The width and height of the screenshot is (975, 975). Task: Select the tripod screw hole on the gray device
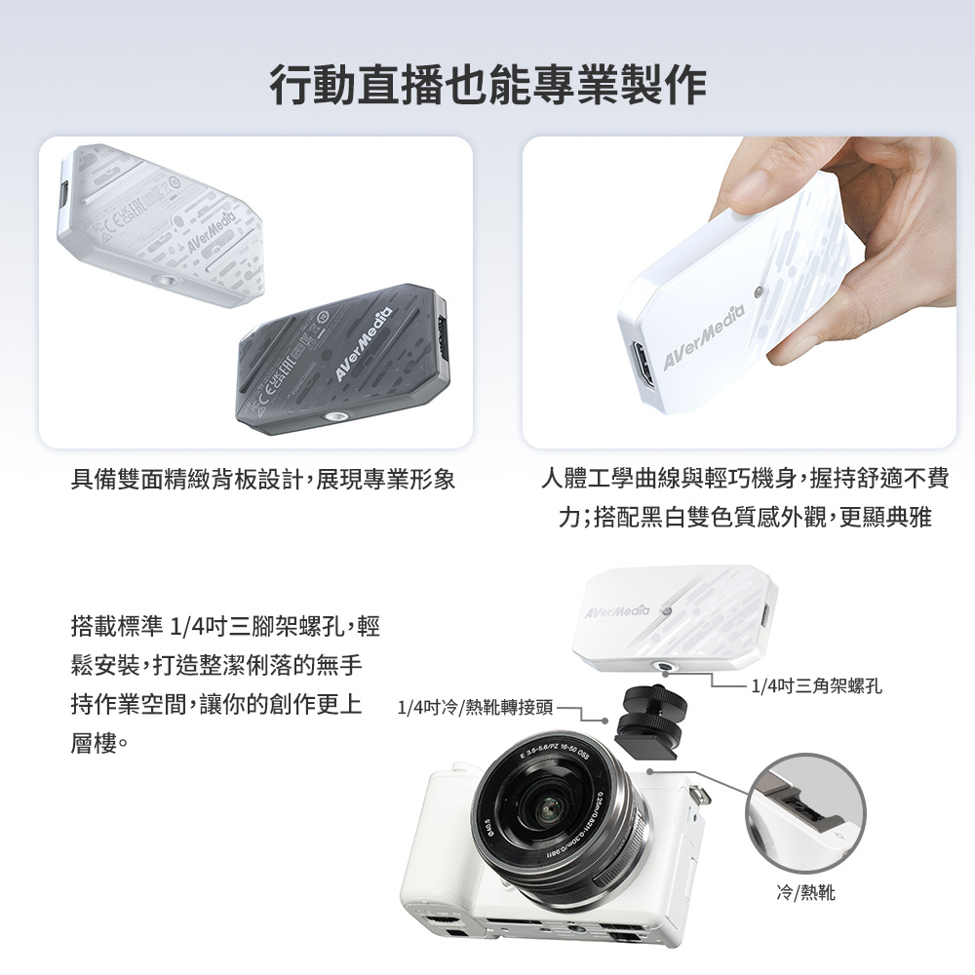(x=329, y=416)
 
